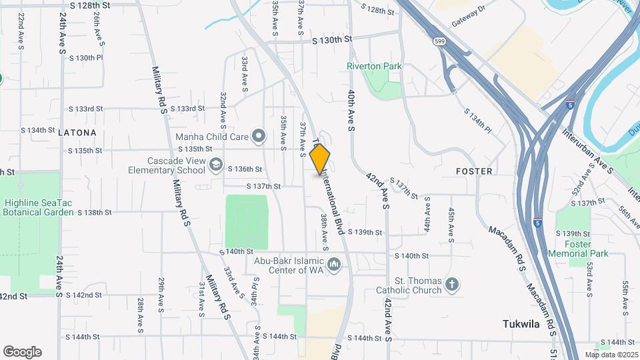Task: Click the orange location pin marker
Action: [x=320, y=159]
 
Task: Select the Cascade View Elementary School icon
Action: [x=216, y=165]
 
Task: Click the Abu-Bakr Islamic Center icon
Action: [x=335, y=267]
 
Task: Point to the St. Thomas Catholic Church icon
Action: [x=452, y=285]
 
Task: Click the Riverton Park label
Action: [x=374, y=66]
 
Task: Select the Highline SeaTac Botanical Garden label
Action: [x=39, y=207]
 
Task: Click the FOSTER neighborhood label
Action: [x=474, y=171]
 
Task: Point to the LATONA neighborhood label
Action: [x=77, y=133]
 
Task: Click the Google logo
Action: [x=22, y=352]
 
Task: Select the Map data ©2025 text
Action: [x=611, y=355]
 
